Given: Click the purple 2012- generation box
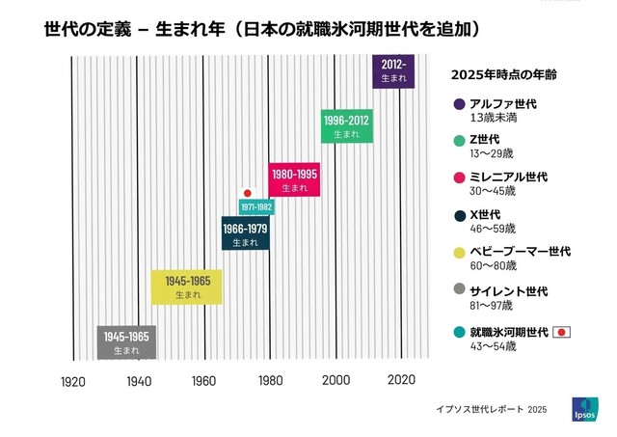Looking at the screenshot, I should click(393, 71).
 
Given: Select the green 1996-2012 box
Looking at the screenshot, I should click(346, 126).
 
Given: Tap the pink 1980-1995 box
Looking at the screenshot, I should click(294, 179).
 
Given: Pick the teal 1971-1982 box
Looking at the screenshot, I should click(256, 207).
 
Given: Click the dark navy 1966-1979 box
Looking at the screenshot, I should click(245, 234).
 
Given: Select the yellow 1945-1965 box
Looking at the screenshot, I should click(187, 287).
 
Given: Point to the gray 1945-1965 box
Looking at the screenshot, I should click(126, 341).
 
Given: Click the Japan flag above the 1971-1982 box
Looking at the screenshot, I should click(247, 193).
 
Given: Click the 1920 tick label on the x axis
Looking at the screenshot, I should click(73, 381).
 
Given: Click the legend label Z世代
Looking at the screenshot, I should click(485, 141).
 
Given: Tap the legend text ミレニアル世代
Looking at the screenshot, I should click(508, 178).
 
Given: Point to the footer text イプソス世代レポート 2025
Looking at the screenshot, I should click(491, 410).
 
